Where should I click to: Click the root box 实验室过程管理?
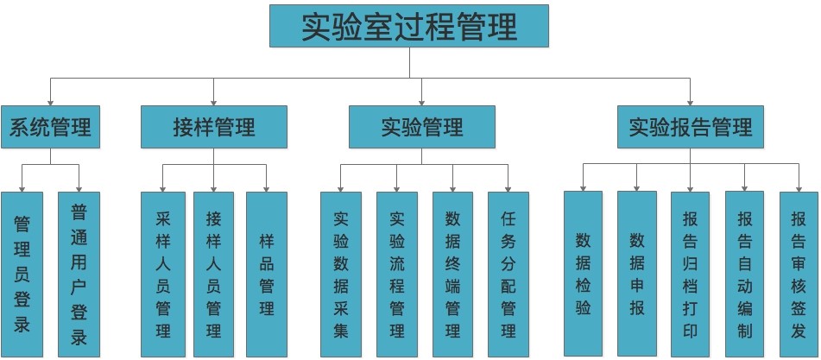pyautogui.click(x=409, y=27)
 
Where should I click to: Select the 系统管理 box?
pyautogui.click(x=50, y=128)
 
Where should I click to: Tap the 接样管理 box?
pyautogui.click(x=213, y=128)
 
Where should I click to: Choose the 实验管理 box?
pyautogui.click(x=421, y=128)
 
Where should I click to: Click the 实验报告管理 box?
pyautogui.click(x=691, y=128)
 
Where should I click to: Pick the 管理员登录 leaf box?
pyautogui.click(x=22, y=274)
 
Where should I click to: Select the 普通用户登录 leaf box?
pyautogui.click(x=79, y=274)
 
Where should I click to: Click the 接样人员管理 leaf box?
pyautogui.click(x=213, y=274)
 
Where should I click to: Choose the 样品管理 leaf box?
pyautogui.click(x=267, y=274)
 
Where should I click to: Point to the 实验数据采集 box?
pyautogui.click(x=340, y=274)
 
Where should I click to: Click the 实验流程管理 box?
pyautogui.click(x=397, y=274)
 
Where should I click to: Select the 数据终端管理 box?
pyautogui.click(x=452, y=274)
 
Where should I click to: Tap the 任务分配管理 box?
pyautogui.click(x=508, y=274)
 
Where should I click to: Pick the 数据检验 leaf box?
pyautogui.click(x=583, y=274)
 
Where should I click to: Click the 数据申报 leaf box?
pyautogui.click(x=637, y=274)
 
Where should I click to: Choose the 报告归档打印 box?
pyautogui.click(x=691, y=274)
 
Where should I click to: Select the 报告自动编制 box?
pyautogui.click(x=745, y=274)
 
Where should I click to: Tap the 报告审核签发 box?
pyautogui.click(x=799, y=274)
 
